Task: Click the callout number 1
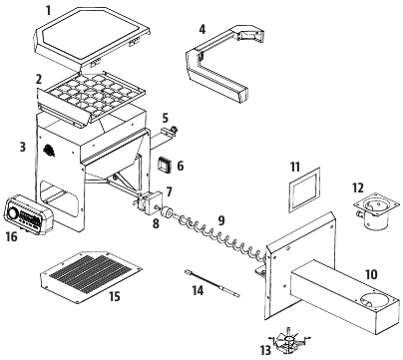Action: tap(49, 10)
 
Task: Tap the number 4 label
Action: tap(202, 29)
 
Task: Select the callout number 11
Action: tap(295, 168)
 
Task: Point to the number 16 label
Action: tap(11, 236)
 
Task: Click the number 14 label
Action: tap(198, 291)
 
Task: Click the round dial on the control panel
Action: tap(13, 212)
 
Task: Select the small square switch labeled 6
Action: tap(165, 165)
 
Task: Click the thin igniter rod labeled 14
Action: tap(212, 283)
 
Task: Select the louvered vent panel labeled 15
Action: tap(91, 277)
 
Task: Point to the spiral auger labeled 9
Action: tap(221, 238)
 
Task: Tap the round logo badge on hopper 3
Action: tap(49, 151)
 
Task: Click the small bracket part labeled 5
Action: tap(167, 135)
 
